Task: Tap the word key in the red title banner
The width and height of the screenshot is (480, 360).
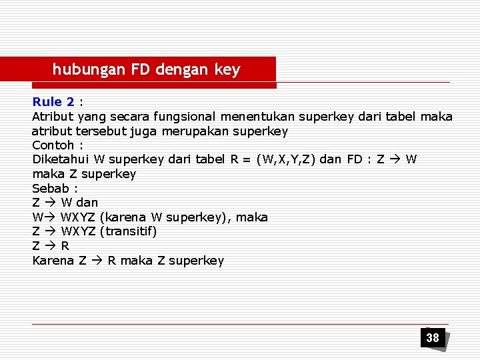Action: tap(227, 69)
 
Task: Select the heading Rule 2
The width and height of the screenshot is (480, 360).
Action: tap(53, 102)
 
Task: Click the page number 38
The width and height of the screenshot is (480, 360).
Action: tap(433, 338)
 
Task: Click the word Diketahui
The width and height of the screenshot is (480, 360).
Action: tap(61, 159)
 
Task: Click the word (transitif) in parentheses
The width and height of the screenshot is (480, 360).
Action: tap(128, 231)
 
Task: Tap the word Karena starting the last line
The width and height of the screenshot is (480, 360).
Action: tap(53, 261)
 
